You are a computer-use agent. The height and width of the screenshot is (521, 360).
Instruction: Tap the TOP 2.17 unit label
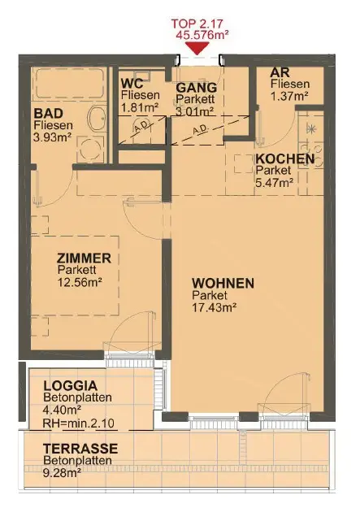[x=197, y=24]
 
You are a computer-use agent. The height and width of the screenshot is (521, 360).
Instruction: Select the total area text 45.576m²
[x=202, y=35]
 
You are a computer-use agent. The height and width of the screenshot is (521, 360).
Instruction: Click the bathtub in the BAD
[x=69, y=84]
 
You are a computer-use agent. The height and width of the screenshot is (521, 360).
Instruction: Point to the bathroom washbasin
[x=97, y=119]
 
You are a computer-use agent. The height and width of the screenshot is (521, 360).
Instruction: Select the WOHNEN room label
[x=223, y=284]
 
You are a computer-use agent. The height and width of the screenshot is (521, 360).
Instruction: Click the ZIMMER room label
[x=84, y=258]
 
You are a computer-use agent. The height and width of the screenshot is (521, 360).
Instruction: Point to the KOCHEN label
[x=285, y=158]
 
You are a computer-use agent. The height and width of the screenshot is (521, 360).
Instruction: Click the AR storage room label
[x=280, y=72]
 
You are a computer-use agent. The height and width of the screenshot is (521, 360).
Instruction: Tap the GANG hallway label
[x=197, y=88]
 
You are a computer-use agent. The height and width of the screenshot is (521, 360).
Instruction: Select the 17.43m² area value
[x=215, y=307]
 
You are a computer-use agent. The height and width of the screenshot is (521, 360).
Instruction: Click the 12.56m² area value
[x=80, y=282]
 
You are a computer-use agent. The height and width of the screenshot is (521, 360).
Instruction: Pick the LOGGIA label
[x=71, y=386]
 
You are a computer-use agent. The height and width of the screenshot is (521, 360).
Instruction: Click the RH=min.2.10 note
[x=79, y=423]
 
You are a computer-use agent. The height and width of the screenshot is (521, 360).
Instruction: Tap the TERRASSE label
[x=80, y=449]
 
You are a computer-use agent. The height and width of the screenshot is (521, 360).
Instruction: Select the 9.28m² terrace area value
[x=62, y=472]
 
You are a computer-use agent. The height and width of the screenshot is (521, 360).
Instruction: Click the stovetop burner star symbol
[x=311, y=128]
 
